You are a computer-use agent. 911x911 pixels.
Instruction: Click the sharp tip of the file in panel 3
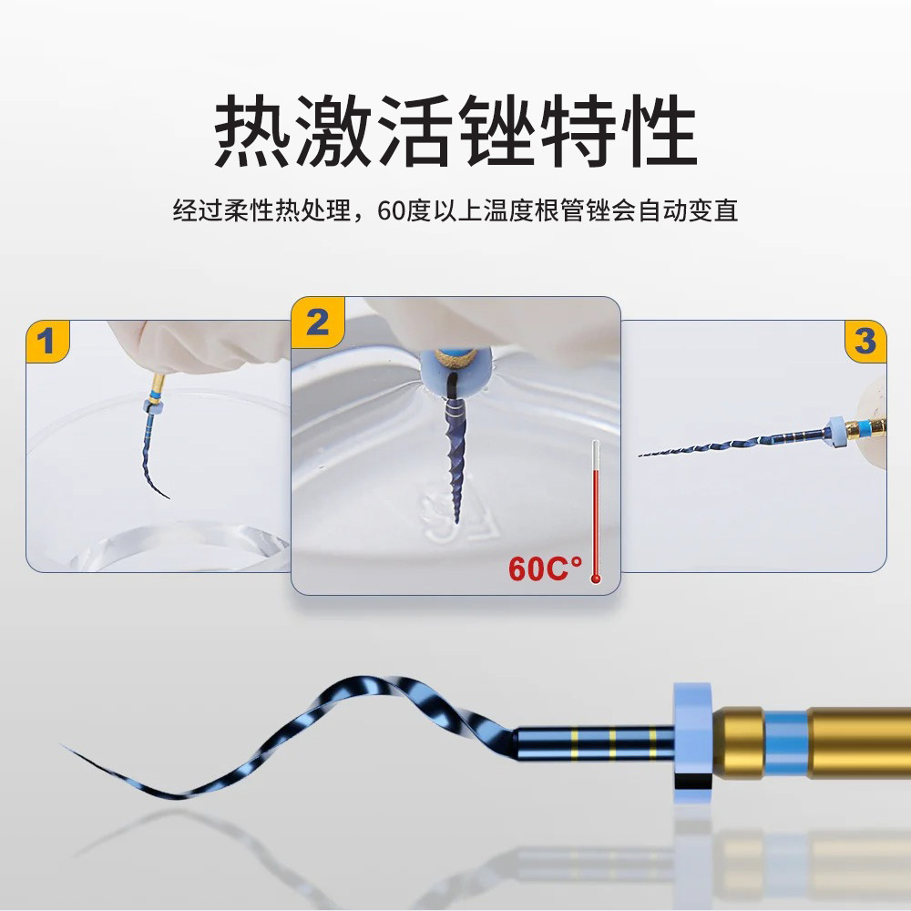[640, 455]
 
